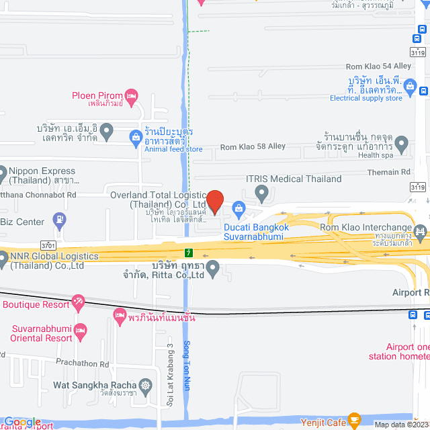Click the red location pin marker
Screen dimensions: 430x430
(214, 201)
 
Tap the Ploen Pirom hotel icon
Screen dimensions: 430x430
(132, 95)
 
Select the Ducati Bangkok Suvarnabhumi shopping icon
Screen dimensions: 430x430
(239, 210)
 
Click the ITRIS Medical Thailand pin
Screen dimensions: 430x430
(262, 193)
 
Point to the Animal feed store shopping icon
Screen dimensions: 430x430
(136, 138)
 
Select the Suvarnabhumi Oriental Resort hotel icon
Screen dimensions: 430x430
(81, 329)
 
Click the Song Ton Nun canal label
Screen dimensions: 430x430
(187, 363)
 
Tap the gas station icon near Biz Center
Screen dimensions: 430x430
(60, 218)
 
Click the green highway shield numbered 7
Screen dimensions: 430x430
(189, 253)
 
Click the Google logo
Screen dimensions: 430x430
(21, 422)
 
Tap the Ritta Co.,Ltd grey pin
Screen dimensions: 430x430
(213, 269)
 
